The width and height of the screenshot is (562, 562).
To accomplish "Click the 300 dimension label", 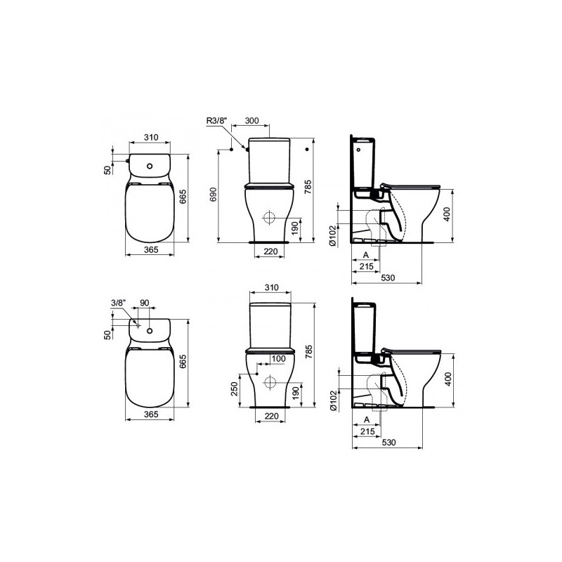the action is pyautogui.click(x=251, y=120).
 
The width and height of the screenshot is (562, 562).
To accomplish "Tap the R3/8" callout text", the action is pyautogui.click(x=217, y=120).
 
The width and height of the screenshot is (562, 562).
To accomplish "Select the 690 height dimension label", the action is pyautogui.click(x=214, y=195).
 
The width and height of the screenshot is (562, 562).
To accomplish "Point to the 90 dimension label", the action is pyautogui.click(x=144, y=303).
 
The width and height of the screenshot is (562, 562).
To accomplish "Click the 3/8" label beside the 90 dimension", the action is pyautogui.click(x=119, y=303).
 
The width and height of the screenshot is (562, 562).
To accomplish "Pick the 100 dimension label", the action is pyautogui.click(x=278, y=358).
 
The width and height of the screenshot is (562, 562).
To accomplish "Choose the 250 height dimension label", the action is pyautogui.click(x=235, y=389).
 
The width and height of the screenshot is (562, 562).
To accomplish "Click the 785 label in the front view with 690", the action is pyautogui.click(x=308, y=187).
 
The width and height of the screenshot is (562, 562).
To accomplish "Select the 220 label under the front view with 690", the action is pyautogui.click(x=270, y=251).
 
